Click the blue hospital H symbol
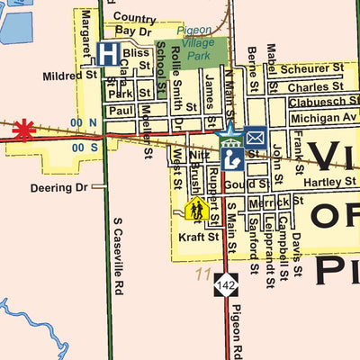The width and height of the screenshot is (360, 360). tap(108, 53)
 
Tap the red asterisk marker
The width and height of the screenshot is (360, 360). tap(23, 130)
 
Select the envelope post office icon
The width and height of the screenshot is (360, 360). tap(256, 137)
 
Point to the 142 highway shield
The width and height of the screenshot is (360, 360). tap(225, 284)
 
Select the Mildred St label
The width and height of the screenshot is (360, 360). tap(69, 76)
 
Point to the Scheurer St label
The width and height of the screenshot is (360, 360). tap(312, 68)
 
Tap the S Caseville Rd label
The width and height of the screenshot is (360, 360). tap(117, 254)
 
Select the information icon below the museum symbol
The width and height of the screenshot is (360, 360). tap(231, 159)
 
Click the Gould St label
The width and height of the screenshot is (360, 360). tap(242, 184)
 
